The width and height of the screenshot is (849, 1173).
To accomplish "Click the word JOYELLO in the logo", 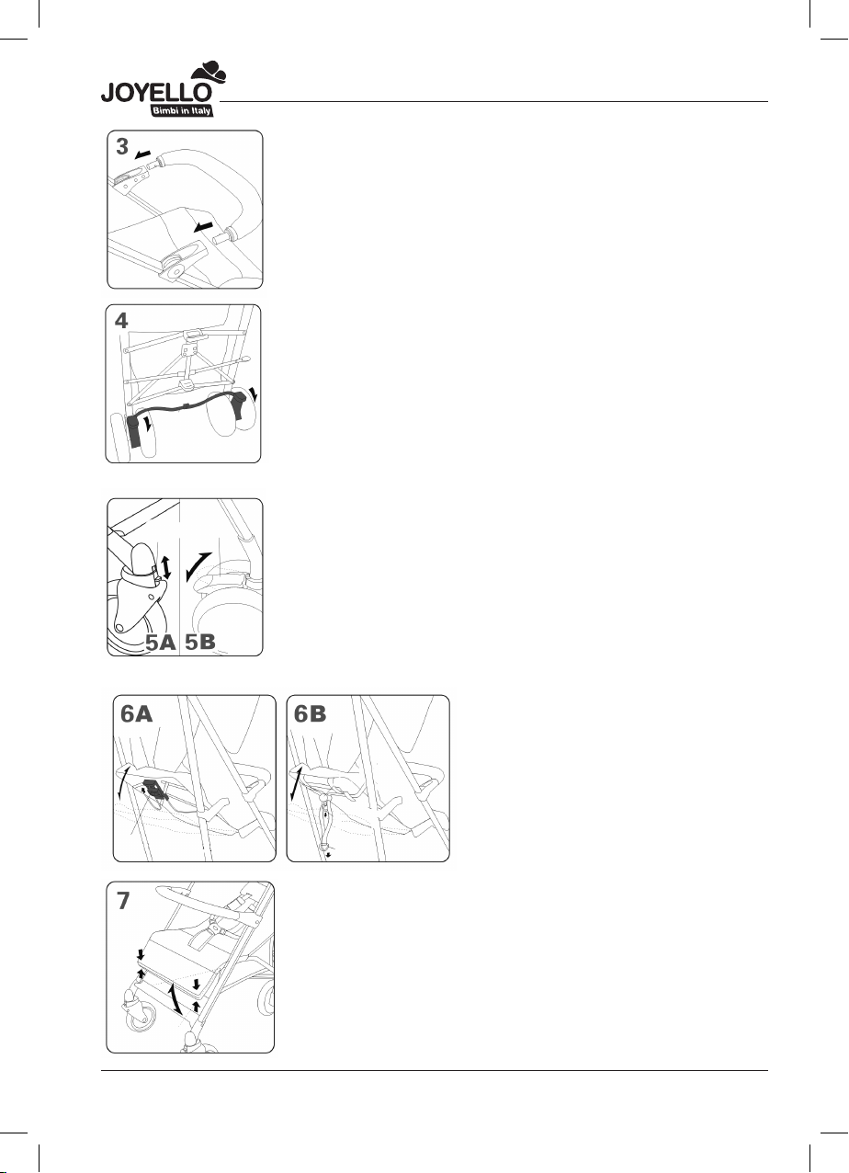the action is [x=156, y=93].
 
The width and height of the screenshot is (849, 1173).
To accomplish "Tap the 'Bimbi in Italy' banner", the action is [x=181, y=110].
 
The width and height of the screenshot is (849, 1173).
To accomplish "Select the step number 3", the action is [x=122, y=147].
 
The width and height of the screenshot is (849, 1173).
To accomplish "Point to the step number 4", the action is [x=121, y=320].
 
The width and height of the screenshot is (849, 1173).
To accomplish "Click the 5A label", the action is [x=160, y=642].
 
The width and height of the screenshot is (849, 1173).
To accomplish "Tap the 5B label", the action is [x=200, y=641].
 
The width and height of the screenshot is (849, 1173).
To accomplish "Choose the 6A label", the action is [x=137, y=713].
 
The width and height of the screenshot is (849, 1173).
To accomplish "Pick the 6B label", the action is [x=310, y=713].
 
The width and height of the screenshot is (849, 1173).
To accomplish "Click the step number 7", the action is [x=122, y=901].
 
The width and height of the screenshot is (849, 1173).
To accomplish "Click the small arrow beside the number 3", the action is [x=142, y=154].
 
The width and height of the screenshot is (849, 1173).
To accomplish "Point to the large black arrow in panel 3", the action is [x=202, y=227].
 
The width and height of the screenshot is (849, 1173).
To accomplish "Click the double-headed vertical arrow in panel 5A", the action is [x=166, y=568].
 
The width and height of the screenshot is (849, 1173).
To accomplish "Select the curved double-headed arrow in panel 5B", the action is [x=198, y=566].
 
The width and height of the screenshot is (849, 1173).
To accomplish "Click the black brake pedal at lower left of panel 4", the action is [x=134, y=431].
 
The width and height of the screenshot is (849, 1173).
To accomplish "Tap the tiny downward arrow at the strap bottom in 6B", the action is [x=329, y=856].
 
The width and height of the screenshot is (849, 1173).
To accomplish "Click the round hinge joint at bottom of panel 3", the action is [x=174, y=270].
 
